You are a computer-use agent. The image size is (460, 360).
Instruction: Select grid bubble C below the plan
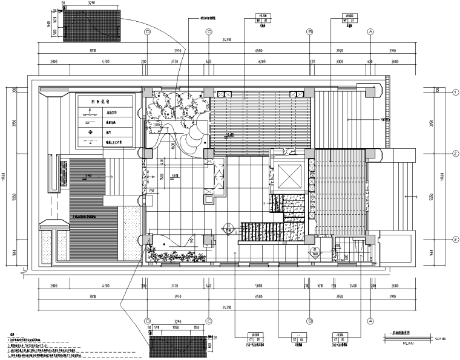[208, 321]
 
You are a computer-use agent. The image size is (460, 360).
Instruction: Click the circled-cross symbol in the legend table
[90, 132]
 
